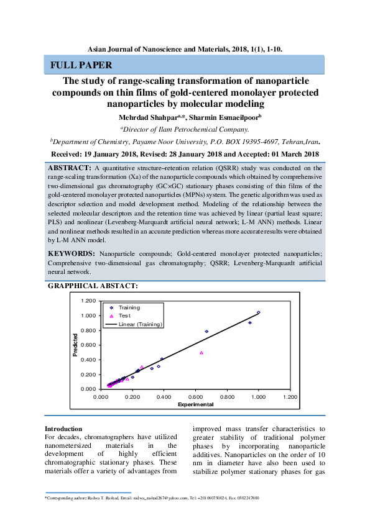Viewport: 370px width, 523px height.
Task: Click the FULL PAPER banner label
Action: pos(81,65)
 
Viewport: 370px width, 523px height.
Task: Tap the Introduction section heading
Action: pos(63,429)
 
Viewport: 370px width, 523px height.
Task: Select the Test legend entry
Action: pos(124,316)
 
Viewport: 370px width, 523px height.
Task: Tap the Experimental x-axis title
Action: pos(195,404)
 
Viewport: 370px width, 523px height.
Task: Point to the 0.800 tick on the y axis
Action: pos(88,330)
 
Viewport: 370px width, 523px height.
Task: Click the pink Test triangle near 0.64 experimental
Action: pos(201,352)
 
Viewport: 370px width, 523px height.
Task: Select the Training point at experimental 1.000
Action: pos(259,312)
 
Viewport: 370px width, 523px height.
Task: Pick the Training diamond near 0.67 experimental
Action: pos(206,331)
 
